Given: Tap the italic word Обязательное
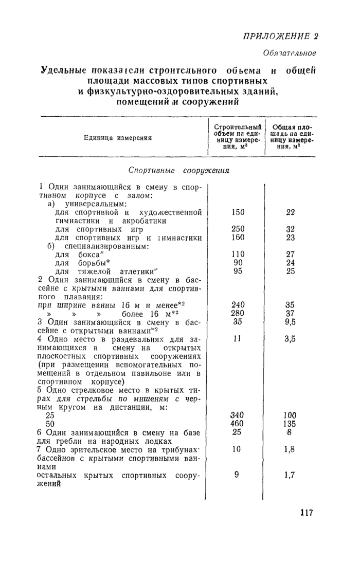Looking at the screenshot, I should pyautogui.click(x=290, y=53).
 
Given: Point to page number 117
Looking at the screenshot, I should pyautogui.click(x=305, y=512).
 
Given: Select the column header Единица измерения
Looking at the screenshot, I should pyautogui.click(x=118, y=138).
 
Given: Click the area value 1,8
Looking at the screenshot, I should pyautogui.click(x=290, y=449).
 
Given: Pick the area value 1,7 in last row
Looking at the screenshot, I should pyautogui.click(x=290, y=475).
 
